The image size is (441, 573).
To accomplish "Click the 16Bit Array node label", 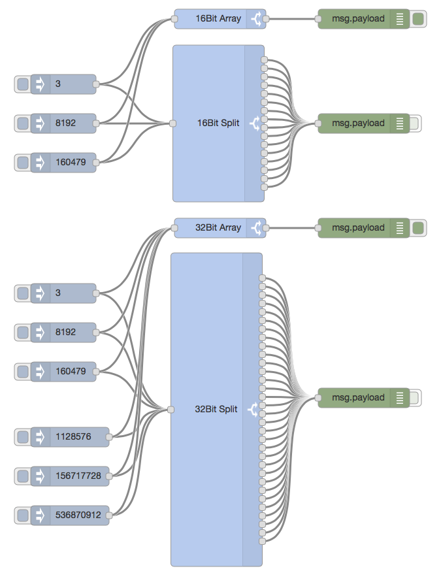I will click(218, 19).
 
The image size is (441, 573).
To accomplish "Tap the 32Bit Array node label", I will click(218, 228).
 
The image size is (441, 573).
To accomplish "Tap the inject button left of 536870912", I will click(22, 515).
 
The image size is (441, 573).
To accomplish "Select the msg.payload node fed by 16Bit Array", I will click(358, 19).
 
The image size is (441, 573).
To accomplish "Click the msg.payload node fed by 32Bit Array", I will click(358, 228).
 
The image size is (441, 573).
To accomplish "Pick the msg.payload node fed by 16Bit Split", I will click(358, 123).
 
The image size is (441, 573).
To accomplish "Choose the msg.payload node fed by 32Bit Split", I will click(358, 397).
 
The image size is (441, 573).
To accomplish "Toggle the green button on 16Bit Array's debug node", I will click(418, 19).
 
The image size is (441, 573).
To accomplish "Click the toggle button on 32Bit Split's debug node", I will click(416, 397).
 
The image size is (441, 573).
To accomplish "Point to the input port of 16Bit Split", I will click(172, 123).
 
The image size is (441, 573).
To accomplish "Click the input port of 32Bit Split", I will click(171, 410).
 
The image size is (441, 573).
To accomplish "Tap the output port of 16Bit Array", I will click(267, 19).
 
